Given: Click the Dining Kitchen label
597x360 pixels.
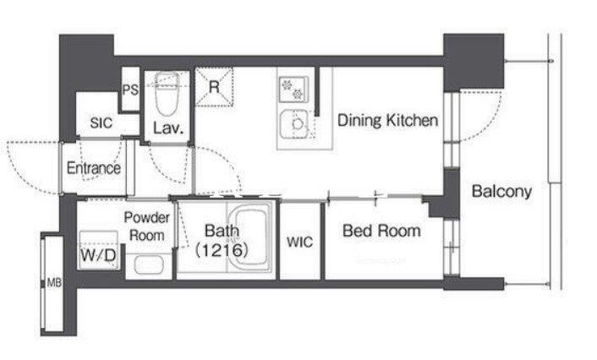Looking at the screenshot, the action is pyautogui.click(x=387, y=120).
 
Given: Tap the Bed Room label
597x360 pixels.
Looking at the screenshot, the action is pyautogui.click(x=381, y=231).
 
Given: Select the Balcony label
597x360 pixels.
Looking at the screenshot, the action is pyautogui.click(x=501, y=191).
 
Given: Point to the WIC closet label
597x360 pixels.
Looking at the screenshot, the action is pyautogui.click(x=299, y=242).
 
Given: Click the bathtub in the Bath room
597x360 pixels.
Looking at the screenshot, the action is pyautogui.click(x=250, y=236).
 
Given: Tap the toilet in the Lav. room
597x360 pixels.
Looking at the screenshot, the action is pyautogui.click(x=167, y=93).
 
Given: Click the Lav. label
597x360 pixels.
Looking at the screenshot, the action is pyautogui.click(x=168, y=128).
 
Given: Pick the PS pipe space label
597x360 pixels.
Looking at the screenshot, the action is pyautogui.click(x=130, y=90).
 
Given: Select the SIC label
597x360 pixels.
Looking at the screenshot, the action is pyautogui.click(x=101, y=123).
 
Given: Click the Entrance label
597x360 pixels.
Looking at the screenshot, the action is pyautogui.click(x=94, y=168).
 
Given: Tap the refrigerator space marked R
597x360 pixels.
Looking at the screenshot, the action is pyautogui.click(x=214, y=87).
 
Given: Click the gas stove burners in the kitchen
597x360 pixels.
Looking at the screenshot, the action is pyautogui.click(x=293, y=89).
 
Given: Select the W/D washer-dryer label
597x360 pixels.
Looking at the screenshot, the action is pyautogui.click(x=98, y=255).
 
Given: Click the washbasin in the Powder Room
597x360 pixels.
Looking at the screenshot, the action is pyautogui.click(x=149, y=265).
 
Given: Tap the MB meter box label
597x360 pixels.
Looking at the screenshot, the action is pyautogui.click(x=54, y=283).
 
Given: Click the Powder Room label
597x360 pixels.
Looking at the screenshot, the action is pyautogui.click(x=146, y=226).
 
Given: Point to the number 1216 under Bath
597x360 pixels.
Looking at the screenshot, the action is pyautogui.click(x=222, y=250).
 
